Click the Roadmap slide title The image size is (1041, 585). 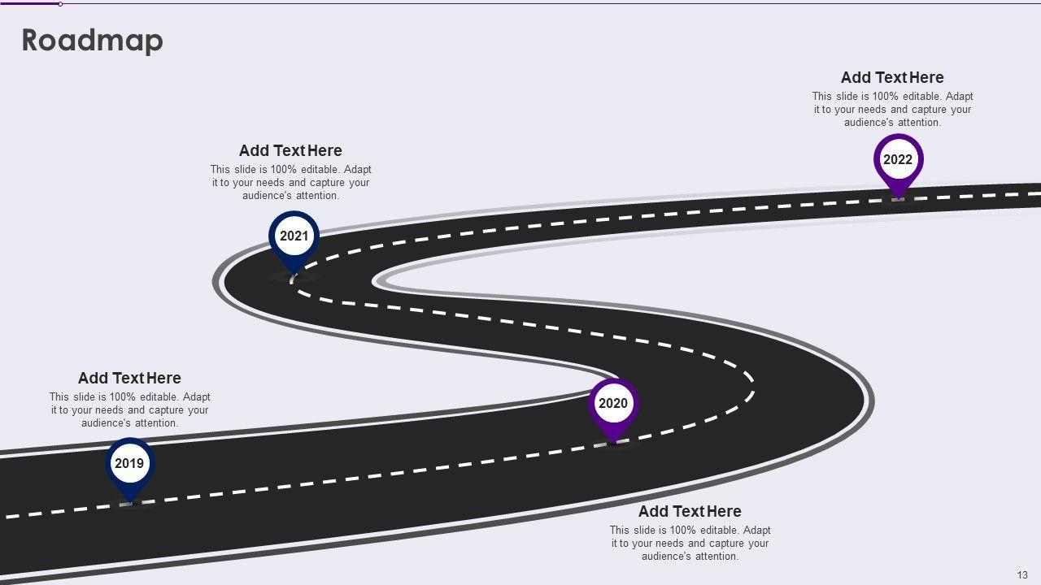point(92,41)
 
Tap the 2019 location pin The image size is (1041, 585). point(130,468)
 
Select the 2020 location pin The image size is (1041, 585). point(613,407)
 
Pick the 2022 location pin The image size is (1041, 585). point(898,163)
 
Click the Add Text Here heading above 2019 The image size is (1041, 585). point(129,378)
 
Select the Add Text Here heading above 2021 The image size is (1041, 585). point(290,150)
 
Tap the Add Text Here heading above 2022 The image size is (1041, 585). point(892,77)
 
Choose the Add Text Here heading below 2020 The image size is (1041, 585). point(690,511)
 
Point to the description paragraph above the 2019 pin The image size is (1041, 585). point(130,410)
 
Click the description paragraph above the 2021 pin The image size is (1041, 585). point(291,183)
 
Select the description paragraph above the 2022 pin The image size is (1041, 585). point(892,110)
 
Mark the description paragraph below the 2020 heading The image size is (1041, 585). point(690,544)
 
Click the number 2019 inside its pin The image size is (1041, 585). point(129,464)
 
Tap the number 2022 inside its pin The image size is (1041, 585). point(898,159)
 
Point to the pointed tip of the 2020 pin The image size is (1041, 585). point(613,442)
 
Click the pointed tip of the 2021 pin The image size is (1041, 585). point(293,274)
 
